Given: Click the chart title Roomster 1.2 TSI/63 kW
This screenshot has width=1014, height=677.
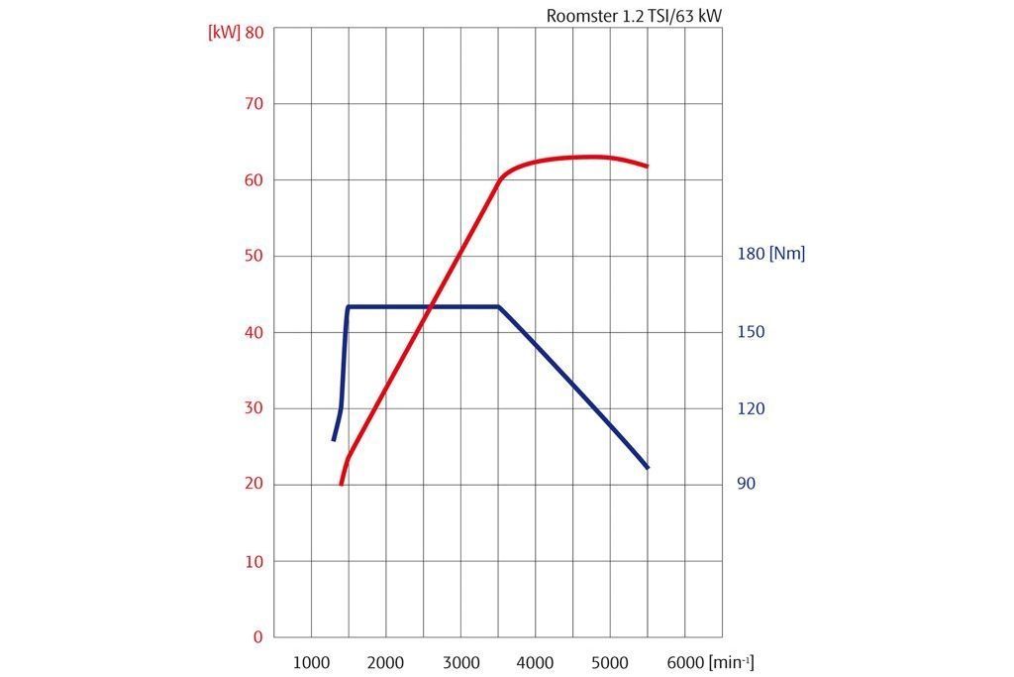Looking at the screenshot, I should point(641,16).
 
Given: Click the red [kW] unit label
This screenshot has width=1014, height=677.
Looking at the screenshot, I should point(224,32).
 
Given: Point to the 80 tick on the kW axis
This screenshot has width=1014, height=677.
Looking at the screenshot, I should point(253,32).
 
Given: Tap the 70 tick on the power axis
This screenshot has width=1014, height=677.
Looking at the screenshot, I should point(253,104).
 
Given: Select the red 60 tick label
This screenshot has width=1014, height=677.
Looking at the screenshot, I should point(253,180).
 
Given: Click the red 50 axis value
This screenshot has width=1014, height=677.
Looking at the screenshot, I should point(253,257).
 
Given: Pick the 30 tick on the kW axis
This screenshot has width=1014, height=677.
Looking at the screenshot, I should point(253,408).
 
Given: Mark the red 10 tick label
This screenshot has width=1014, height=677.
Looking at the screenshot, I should point(253,561).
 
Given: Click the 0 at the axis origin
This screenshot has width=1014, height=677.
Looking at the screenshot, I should point(257,637).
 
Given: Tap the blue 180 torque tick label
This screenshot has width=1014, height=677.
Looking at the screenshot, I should point(751,254).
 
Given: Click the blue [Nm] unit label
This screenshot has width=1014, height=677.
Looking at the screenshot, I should point(787,254).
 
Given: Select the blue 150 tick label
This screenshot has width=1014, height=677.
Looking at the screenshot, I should point(751,332).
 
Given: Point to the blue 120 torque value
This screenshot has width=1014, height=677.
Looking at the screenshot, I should point(751,408).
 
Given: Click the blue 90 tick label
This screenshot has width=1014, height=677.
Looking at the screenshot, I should point(746,484).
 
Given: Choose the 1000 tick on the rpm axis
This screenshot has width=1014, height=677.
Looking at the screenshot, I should point(311,662).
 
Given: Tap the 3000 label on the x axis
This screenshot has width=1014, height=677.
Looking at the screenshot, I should point(460,662).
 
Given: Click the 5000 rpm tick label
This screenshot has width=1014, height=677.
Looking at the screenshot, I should point(610,662).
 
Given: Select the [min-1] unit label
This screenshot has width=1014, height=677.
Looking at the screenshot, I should point(731,662).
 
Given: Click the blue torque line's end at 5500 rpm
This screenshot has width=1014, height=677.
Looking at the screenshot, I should point(648,468).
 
